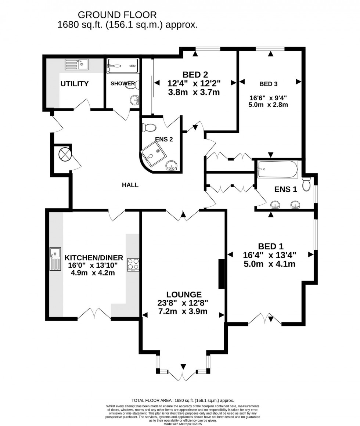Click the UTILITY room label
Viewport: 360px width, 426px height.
point(75,84)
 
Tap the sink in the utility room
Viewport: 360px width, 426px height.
point(77,65)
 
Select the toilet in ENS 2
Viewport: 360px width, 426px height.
point(150,127)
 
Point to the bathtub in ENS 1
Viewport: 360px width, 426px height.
point(277,169)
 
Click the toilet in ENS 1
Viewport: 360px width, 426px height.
point(306,184)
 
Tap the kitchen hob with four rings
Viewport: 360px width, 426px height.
point(133,264)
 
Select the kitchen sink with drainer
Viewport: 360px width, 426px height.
point(55,259)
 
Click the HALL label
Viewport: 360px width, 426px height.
point(130,185)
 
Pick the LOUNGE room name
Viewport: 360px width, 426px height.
point(184,294)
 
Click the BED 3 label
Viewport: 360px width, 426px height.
point(268,84)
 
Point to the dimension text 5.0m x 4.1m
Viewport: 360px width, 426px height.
point(269,264)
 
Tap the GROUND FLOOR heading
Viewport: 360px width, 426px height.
point(118,15)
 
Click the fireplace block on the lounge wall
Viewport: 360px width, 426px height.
point(222,274)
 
